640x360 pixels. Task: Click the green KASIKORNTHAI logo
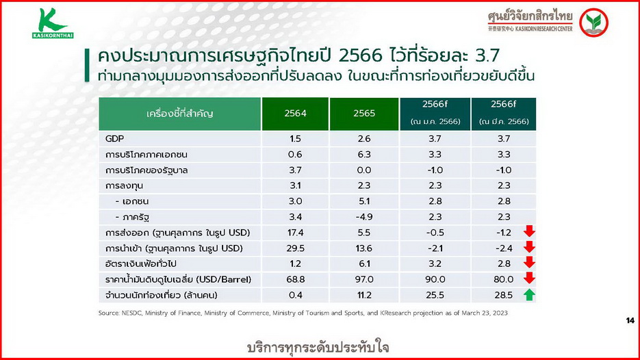coord(53,24)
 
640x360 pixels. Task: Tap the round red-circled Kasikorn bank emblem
coord(593,22)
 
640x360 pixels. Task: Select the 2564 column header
coord(295,114)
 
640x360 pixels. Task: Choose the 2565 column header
coord(363,114)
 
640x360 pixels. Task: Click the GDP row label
coord(115,139)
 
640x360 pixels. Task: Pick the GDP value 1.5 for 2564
coord(295,139)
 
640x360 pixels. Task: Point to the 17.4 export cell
coord(295,233)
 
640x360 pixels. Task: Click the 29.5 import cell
coord(295,248)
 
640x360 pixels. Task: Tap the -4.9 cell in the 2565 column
coord(363,217)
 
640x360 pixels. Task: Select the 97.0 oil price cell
coord(363,280)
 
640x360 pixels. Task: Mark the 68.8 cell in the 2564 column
coord(295,280)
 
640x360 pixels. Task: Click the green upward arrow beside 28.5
coord(529,295)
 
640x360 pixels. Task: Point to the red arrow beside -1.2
coord(529,231)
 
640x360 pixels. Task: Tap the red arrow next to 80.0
coord(529,279)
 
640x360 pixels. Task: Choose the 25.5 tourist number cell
coord(435,295)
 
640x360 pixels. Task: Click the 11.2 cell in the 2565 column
coord(363,295)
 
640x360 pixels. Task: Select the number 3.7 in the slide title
coord(487,56)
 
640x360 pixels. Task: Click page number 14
coord(630,321)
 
